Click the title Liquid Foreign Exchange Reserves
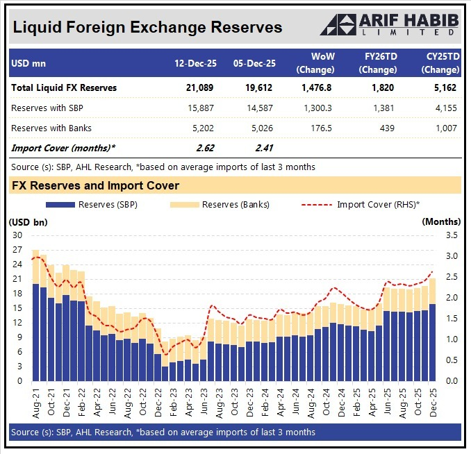[147, 27]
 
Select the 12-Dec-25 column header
[195, 63]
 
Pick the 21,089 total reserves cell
[199, 88]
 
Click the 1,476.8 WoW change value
[316, 88]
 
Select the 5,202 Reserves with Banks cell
[201, 128]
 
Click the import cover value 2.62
[205, 147]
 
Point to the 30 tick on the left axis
[17, 235]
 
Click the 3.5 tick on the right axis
[452, 235]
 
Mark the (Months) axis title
[441, 221]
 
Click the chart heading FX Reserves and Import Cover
[95, 185]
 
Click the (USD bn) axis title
[27, 221]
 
